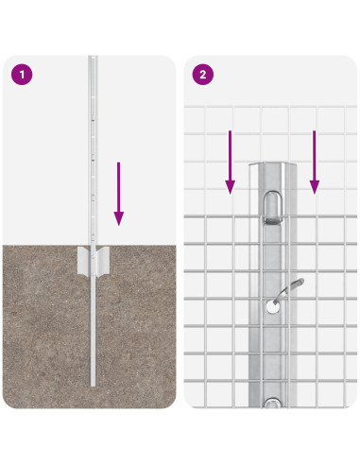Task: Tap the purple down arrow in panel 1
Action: click(x=118, y=193)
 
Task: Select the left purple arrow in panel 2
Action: click(x=230, y=162)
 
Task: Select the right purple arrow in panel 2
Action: click(x=314, y=162)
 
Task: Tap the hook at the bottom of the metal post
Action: click(x=271, y=404)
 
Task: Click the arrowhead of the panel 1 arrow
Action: click(x=118, y=218)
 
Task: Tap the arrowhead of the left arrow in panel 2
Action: click(x=230, y=187)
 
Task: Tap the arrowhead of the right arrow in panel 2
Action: click(x=314, y=187)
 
